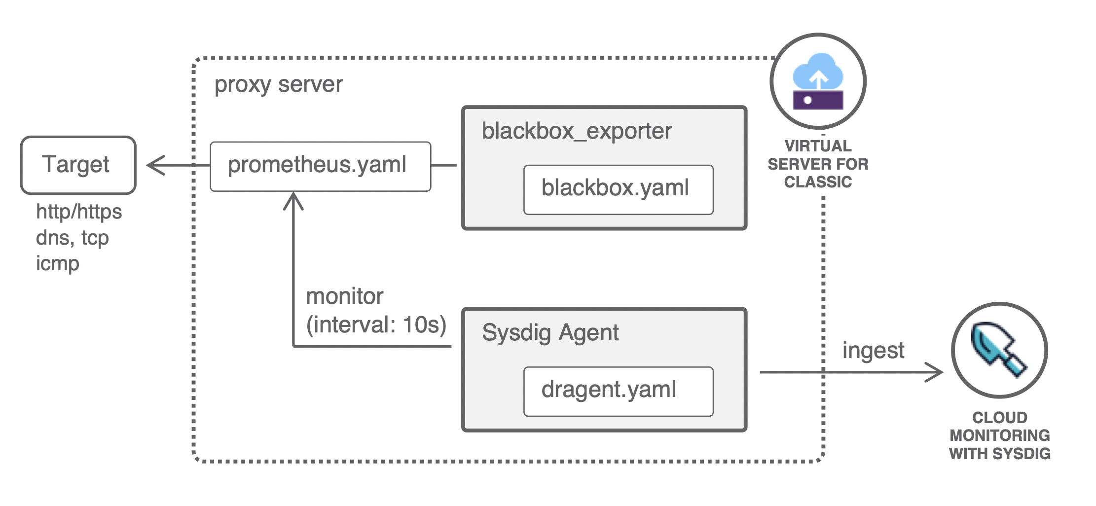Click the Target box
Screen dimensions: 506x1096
point(78,165)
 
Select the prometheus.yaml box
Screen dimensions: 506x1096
point(320,166)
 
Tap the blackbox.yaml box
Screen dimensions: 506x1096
point(618,189)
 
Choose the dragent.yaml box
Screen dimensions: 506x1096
point(618,391)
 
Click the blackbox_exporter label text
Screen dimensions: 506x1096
point(576,131)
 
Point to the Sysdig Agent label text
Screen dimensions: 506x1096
point(550,332)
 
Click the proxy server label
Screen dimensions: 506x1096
point(278,84)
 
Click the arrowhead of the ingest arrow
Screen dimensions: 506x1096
point(935,372)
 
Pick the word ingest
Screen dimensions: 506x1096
point(873,351)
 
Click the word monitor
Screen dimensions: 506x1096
point(344,296)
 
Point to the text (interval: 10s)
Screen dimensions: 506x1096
point(376,325)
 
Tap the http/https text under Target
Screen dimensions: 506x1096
point(79,212)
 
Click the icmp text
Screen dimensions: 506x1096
point(57,263)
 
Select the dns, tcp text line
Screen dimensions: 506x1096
point(72,238)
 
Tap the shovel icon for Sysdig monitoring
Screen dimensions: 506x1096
point(998,350)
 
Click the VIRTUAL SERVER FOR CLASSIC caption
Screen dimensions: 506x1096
point(818,164)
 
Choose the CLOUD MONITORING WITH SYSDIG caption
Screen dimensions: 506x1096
point(999,435)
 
